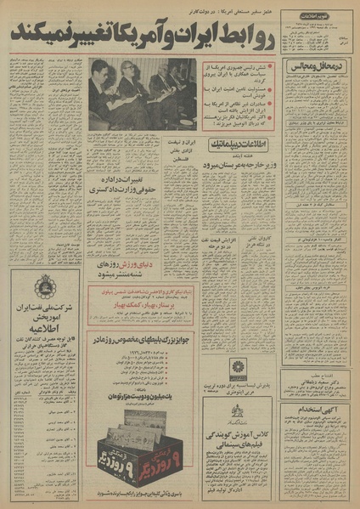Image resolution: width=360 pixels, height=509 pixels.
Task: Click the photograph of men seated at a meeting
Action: pyautogui.click(x=142, y=93)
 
